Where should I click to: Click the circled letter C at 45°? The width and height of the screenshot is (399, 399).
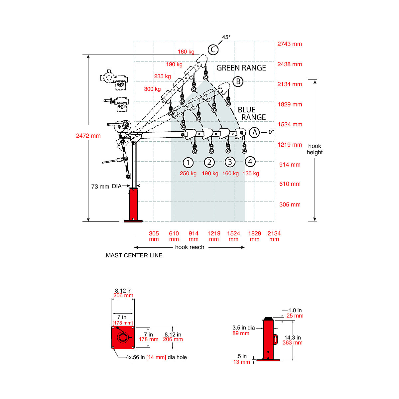point(213,50)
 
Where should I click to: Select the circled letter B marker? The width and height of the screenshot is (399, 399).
point(238,81)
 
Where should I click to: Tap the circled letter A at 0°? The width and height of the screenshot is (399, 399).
point(254,132)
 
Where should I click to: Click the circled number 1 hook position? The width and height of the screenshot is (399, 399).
point(188,163)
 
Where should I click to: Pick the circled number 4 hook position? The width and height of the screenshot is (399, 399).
point(250,162)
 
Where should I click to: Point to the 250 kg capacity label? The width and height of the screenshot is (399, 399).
point(188,173)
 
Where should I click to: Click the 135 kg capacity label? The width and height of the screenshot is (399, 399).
point(251,173)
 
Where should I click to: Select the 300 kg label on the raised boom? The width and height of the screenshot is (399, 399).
point(152,89)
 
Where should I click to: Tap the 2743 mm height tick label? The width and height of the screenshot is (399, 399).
point(290,44)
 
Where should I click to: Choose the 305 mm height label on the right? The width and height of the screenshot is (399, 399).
point(290,204)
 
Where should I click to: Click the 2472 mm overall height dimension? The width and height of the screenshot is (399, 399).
point(88,136)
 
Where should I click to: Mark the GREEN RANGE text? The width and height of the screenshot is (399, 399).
point(241,68)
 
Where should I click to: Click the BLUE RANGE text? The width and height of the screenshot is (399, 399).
point(249,113)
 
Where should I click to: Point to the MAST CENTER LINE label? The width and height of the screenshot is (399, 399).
point(134,255)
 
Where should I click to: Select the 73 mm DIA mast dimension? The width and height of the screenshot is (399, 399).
point(106,187)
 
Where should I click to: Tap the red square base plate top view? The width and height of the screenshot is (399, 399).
point(123,337)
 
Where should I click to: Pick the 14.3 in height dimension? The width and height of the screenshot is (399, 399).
point(293,340)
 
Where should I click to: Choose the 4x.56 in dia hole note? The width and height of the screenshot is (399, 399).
point(156,357)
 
